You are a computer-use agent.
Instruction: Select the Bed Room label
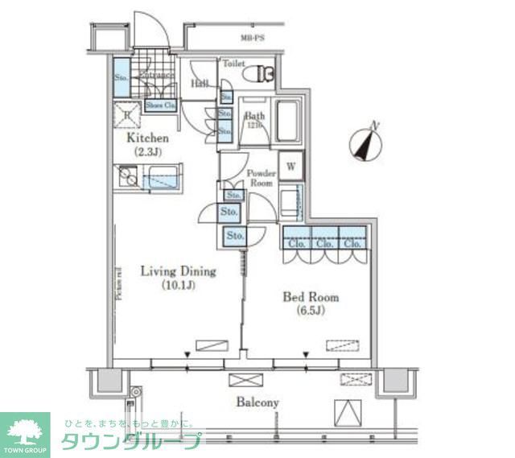tap(310, 297)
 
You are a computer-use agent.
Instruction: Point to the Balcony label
tap(257, 402)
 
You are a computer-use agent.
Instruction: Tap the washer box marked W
tap(291, 167)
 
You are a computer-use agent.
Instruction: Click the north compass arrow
tap(366, 143)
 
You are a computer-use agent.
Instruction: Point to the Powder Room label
tap(262, 178)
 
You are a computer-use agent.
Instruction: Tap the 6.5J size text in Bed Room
tap(311, 311)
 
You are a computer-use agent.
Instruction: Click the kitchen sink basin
tap(164, 176)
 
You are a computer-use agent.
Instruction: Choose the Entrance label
tap(157, 76)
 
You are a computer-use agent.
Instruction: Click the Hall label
tap(200, 84)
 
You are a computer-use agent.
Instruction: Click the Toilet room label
tap(233, 63)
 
